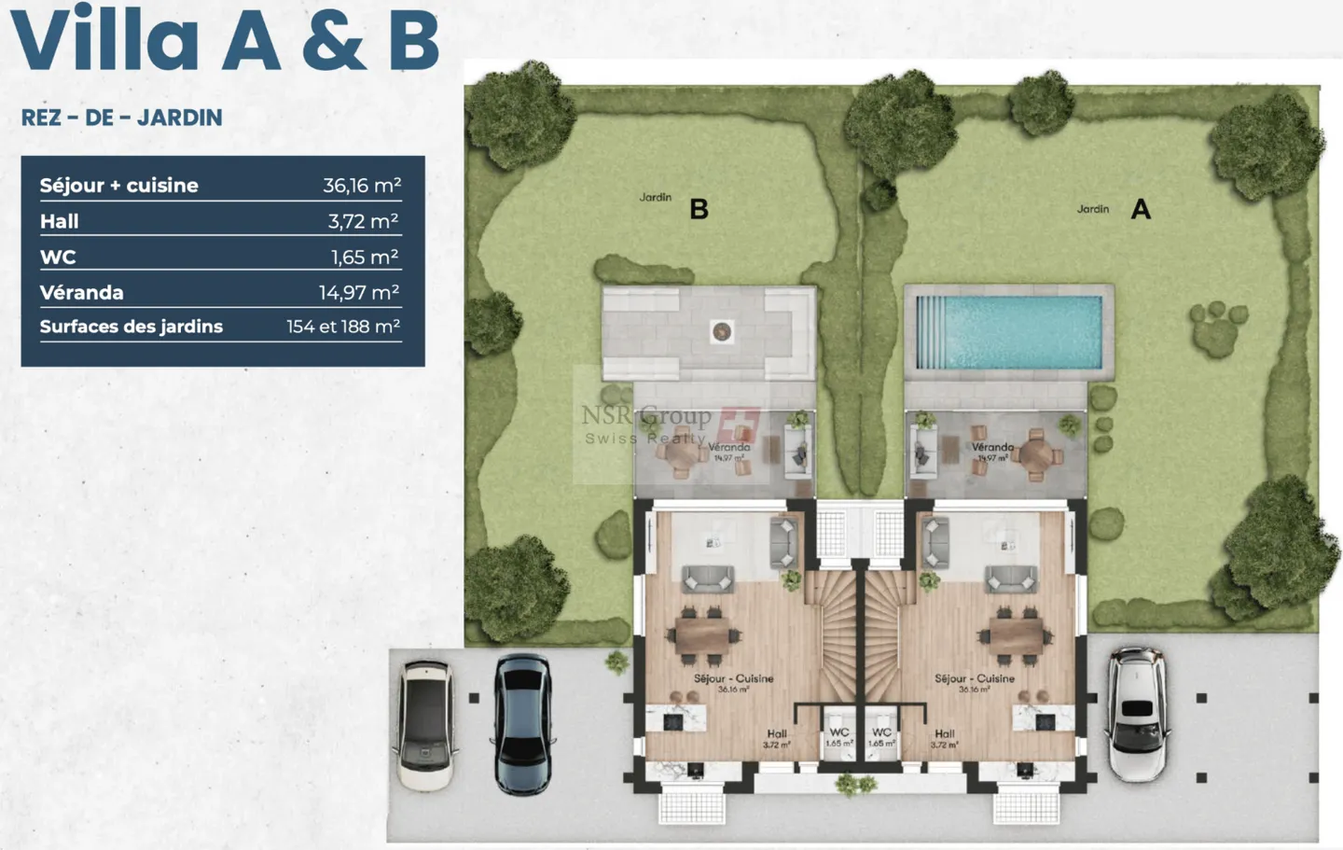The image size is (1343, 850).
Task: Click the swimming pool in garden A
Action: click(x=1008, y=332)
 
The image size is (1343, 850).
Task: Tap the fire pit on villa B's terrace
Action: click(x=721, y=331)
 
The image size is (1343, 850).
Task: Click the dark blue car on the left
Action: click(x=522, y=724)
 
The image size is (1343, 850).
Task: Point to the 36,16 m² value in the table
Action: click(x=362, y=186)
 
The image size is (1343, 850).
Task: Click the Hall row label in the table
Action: click(x=59, y=221)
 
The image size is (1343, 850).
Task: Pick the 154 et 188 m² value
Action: click(x=342, y=327)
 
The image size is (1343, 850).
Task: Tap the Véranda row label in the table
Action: click(x=81, y=292)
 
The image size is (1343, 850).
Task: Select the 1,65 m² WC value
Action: click(x=365, y=257)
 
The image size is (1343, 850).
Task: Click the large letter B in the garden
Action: click(x=699, y=209)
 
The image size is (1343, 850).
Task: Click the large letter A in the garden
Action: click(x=1140, y=210)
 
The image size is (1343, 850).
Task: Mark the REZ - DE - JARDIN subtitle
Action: click(x=122, y=118)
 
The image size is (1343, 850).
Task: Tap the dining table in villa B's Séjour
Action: click(x=701, y=636)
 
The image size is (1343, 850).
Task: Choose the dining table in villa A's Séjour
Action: click(x=1016, y=636)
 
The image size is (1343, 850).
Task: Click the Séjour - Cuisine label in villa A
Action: click(x=974, y=678)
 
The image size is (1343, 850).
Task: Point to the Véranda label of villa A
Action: click(x=991, y=447)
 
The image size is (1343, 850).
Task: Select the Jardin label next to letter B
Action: click(x=655, y=197)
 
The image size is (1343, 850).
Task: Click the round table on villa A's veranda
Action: click(x=1035, y=455)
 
